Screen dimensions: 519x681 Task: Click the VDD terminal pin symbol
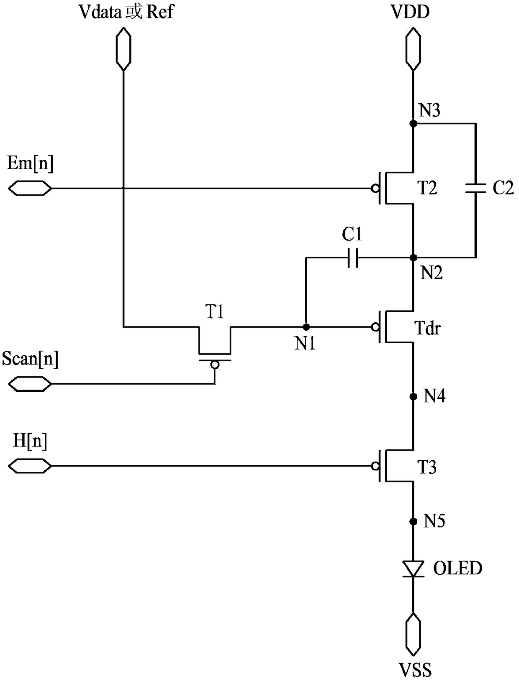(x=413, y=49)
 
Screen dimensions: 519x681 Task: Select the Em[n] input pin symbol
(x=30, y=188)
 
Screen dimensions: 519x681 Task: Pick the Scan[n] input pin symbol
(x=30, y=384)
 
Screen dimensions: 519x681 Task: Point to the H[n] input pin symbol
(x=30, y=466)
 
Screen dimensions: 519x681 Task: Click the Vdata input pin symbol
(x=123, y=49)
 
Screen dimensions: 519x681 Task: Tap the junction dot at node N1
(x=306, y=326)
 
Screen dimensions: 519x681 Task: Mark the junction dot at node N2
(x=413, y=258)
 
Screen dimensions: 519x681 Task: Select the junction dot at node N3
(x=413, y=123)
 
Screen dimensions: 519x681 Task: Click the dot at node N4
(x=413, y=396)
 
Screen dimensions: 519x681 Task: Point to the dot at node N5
(x=413, y=522)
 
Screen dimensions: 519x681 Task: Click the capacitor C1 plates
(x=353, y=258)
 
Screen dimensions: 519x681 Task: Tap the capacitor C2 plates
(x=475, y=188)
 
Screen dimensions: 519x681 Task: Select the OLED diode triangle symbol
(x=413, y=569)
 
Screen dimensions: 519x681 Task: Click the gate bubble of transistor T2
(x=375, y=188)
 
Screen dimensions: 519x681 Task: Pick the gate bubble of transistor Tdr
(x=375, y=326)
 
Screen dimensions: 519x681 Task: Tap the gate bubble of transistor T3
(x=375, y=466)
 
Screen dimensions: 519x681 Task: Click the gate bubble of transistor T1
(x=215, y=365)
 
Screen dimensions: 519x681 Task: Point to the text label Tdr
(x=428, y=328)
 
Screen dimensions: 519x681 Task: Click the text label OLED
(x=457, y=568)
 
